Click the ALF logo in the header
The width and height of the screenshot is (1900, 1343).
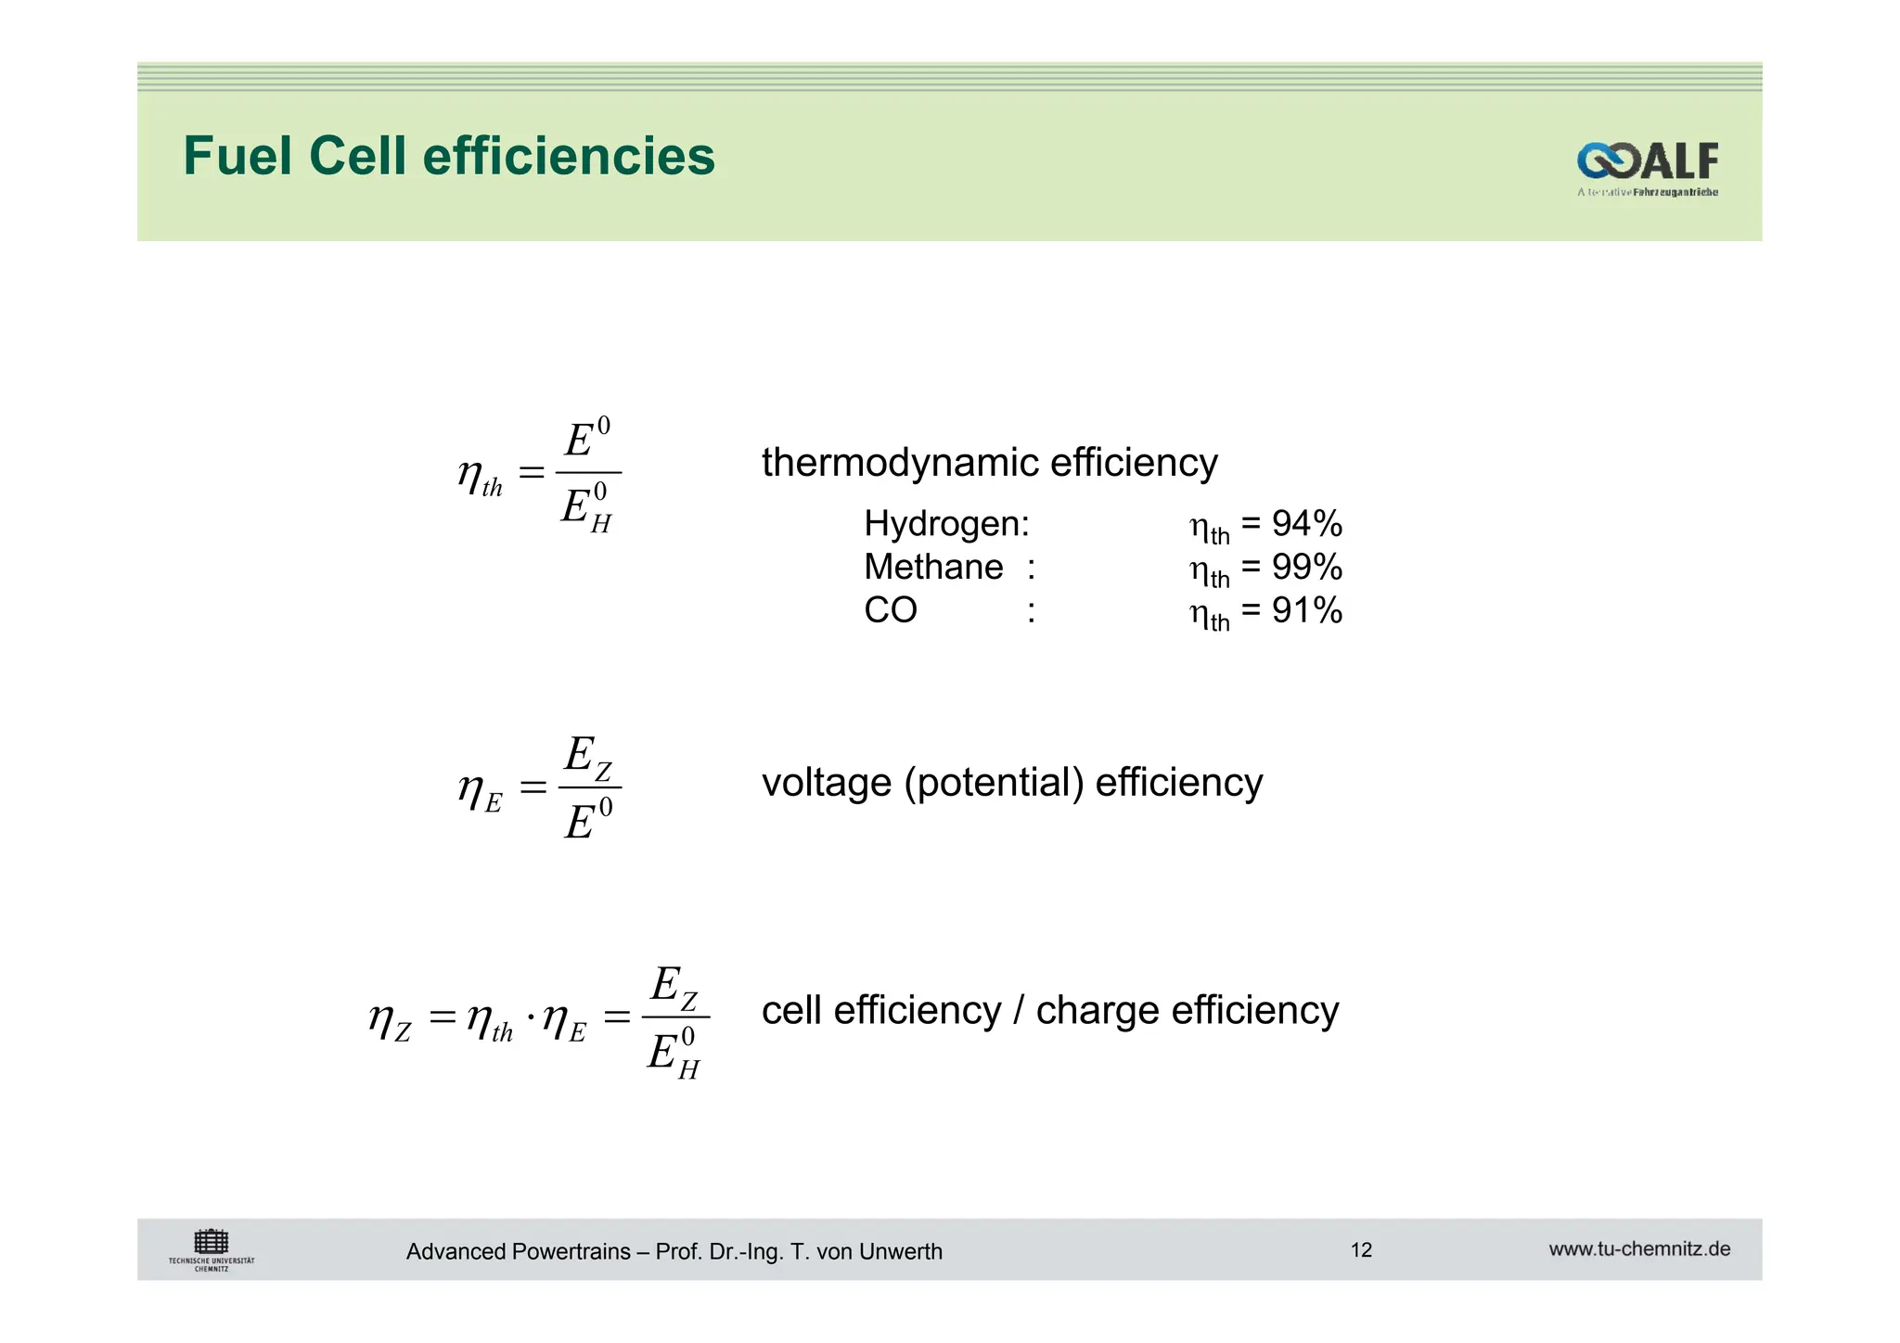[1647, 164]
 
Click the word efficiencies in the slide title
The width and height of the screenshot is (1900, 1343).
[569, 156]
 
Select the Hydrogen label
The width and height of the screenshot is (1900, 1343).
[945, 524]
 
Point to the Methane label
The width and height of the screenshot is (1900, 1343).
[932, 567]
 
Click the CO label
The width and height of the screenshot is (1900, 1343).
[890, 610]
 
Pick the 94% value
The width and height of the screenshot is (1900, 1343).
[1307, 524]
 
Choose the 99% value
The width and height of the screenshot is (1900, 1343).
[1307, 567]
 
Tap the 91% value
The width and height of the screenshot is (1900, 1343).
[1307, 610]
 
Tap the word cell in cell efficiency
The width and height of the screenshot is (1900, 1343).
[791, 1010]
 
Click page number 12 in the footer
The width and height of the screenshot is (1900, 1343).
[1361, 1250]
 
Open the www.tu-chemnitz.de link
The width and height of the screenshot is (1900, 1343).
[1639, 1249]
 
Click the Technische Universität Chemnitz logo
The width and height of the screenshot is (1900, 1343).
[212, 1250]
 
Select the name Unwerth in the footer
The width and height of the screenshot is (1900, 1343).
[900, 1252]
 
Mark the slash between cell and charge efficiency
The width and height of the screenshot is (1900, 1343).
[1019, 1010]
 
